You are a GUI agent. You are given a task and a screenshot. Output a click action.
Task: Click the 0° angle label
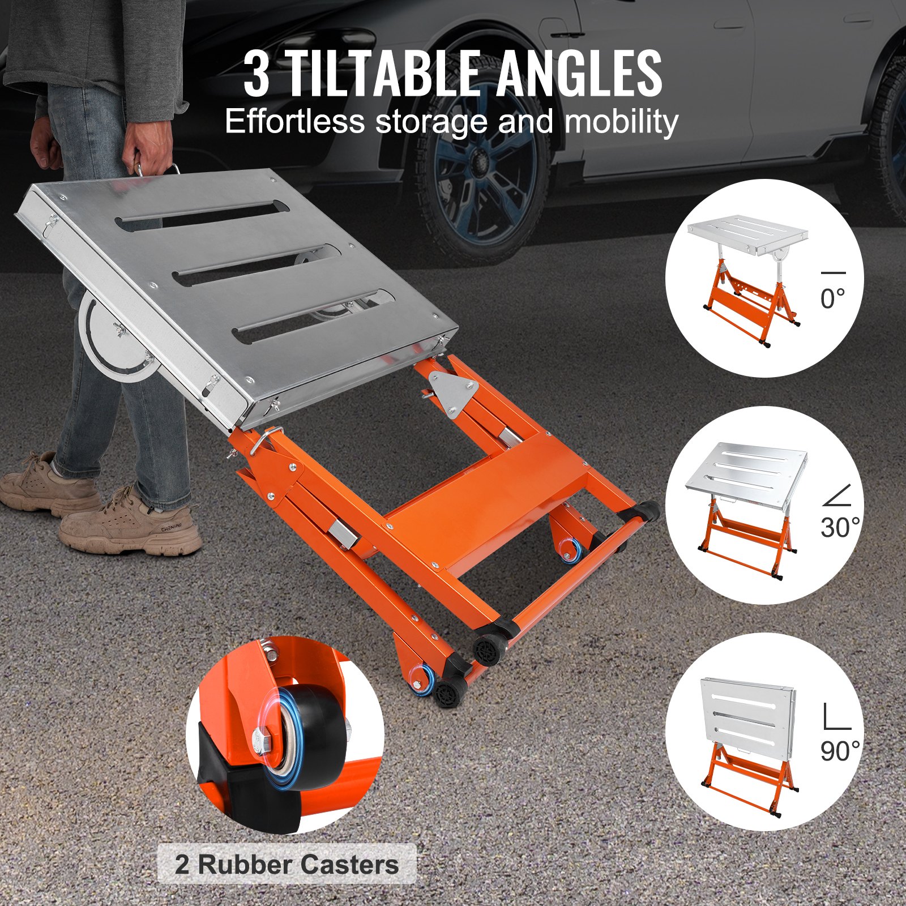pyautogui.click(x=832, y=299)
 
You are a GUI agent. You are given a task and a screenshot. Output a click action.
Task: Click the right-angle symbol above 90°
pyautogui.click(x=836, y=717)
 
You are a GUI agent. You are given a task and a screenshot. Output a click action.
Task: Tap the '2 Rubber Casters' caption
pyautogui.click(x=287, y=865)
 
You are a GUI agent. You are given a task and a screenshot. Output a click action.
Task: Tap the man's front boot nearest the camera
pyautogui.click(x=130, y=524)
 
